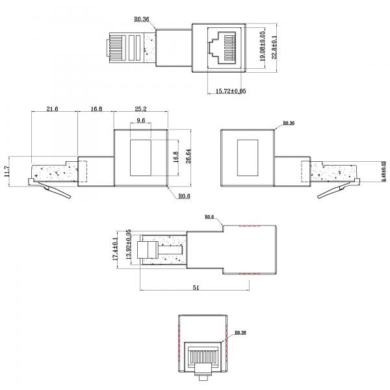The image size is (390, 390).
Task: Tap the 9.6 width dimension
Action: [141, 121]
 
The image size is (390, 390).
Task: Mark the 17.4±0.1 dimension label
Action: [116, 250]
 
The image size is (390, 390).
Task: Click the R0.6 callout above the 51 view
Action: [210, 217]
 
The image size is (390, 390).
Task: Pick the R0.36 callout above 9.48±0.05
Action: [289, 123]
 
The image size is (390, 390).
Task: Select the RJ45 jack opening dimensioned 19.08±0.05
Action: [221, 45]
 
